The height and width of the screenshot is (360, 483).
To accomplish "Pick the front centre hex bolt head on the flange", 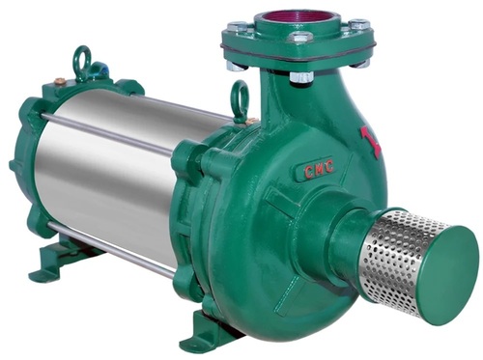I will (300, 39).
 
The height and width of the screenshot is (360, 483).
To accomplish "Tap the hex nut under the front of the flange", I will (300, 75).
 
